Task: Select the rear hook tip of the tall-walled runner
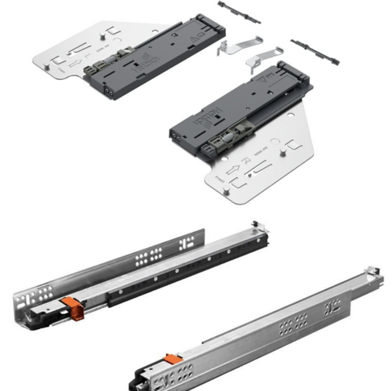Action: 256,228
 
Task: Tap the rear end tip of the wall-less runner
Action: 376,271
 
